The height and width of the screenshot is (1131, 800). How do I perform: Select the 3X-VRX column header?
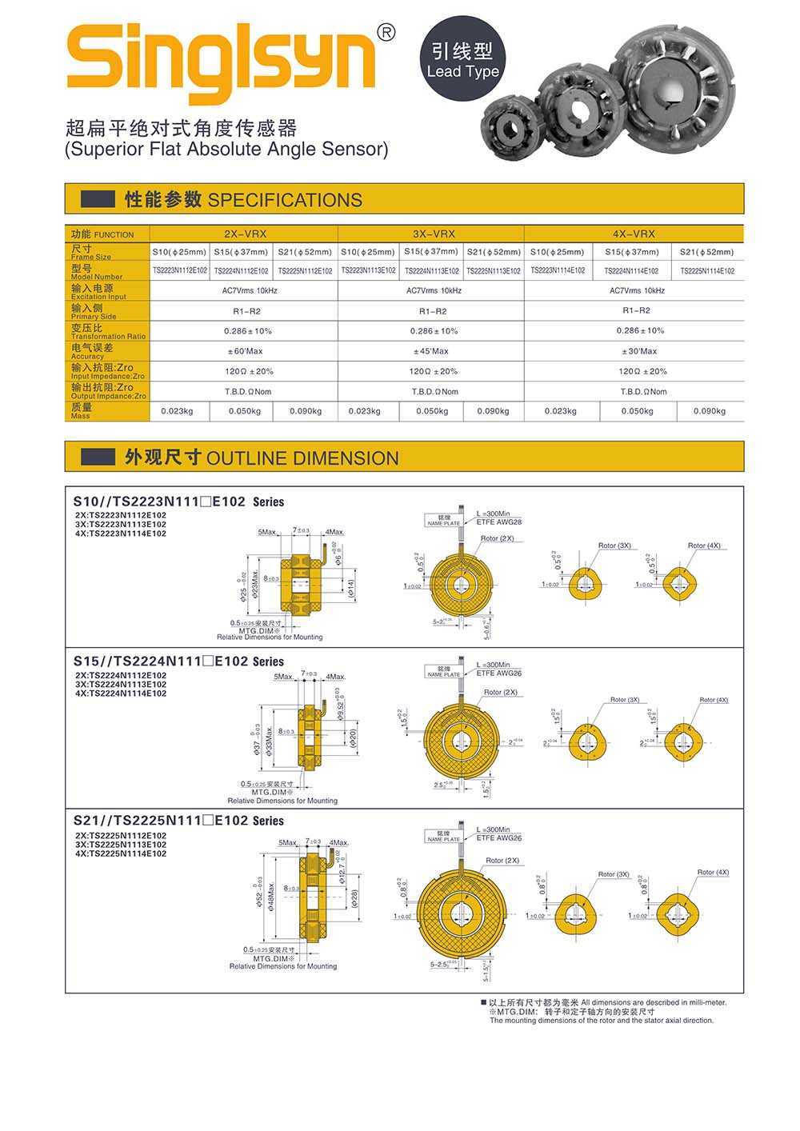point(433,234)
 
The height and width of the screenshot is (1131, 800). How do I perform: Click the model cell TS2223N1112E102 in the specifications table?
point(180,271)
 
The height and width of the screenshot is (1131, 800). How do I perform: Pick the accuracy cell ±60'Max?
point(244,351)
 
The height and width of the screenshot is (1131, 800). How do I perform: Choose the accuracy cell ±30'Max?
point(638,351)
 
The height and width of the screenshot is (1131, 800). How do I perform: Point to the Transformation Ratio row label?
point(107,331)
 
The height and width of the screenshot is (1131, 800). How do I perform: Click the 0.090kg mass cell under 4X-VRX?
point(709,411)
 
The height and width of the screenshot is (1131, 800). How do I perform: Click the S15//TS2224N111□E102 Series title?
point(178,661)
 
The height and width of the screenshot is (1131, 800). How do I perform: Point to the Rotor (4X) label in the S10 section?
point(703,546)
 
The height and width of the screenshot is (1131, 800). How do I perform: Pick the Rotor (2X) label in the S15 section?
point(500,692)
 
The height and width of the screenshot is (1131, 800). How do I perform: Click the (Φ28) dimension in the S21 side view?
point(354,898)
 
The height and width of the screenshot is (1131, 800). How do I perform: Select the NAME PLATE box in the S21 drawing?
point(443,836)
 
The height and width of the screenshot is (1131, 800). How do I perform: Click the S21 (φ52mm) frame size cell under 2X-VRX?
point(305,252)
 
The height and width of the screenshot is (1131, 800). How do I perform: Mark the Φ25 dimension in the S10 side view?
point(242,588)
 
